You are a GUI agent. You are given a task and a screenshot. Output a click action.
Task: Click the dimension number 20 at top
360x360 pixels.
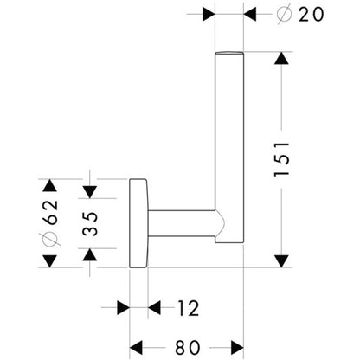point(311,14)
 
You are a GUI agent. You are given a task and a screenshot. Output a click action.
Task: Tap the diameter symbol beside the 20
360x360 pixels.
point(285,14)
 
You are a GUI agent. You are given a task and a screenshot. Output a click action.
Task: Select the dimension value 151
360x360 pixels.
point(281,158)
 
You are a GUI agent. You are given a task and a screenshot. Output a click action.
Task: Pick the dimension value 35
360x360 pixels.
point(90,224)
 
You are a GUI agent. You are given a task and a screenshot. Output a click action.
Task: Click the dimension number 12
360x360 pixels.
point(188,308)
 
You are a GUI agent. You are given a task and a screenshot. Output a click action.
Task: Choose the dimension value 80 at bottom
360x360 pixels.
point(188,347)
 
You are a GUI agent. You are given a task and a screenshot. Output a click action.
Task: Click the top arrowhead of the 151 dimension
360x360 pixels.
point(281,58)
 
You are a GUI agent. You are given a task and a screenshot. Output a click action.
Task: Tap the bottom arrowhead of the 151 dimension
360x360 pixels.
point(281,261)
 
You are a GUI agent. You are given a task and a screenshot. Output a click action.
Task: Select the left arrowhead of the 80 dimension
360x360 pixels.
point(136,347)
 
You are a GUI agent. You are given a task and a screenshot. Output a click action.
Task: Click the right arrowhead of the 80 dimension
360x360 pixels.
point(237,347)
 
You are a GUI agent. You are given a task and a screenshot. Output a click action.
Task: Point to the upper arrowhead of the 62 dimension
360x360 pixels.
point(50,185)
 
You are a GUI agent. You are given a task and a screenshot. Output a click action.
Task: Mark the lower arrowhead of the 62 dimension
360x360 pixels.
point(50,261)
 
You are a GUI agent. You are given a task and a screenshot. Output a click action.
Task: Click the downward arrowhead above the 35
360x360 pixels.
point(90,192)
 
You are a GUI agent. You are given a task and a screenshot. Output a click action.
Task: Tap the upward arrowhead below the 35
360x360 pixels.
point(90,254)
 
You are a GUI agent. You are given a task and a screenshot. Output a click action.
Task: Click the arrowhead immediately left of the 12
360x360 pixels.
point(154,308)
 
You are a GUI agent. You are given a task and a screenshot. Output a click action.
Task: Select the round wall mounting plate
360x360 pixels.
point(138,223)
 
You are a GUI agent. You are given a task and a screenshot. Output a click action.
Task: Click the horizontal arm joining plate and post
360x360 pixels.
point(182,223)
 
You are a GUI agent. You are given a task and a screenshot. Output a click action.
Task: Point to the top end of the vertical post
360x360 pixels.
point(229,53)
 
